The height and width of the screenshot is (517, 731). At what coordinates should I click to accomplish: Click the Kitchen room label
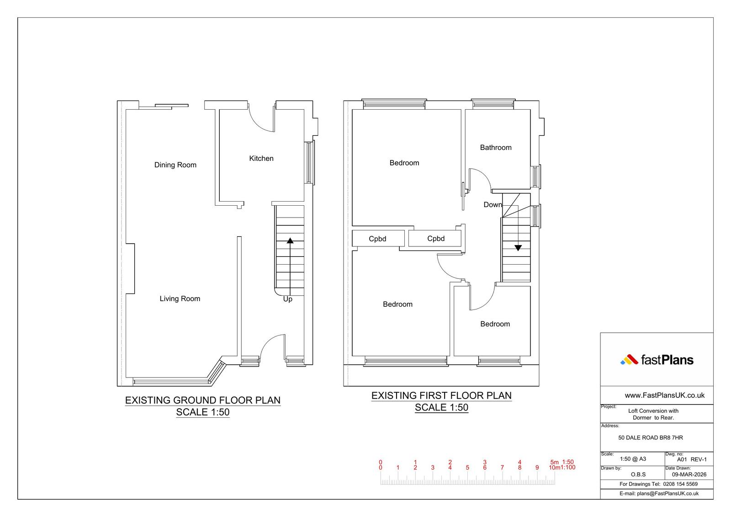(x=261, y=159)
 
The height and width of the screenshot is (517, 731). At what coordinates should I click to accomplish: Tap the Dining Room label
(x=175, y=165)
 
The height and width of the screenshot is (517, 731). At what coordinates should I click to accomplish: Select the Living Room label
(x=180, y=298)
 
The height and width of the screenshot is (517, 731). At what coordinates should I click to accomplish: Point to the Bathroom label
(x=496, y=148)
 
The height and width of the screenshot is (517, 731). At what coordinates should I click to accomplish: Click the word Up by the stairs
(x=287, y=299)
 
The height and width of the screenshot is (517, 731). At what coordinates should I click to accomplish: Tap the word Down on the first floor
(x=493, y=205)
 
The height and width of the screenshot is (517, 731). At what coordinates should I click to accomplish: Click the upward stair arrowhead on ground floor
(x=290, y=241)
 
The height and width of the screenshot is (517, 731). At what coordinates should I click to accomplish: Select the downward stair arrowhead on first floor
(x=518, y=248)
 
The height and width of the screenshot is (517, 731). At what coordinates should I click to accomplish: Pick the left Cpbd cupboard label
(x=377, y=239)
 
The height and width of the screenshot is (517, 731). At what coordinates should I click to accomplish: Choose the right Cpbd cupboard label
(x=436, y=239)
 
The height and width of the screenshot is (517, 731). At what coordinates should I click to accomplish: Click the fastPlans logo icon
(x=629, y=360)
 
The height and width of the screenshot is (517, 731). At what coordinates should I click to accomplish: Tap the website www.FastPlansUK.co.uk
(x=664, y=395)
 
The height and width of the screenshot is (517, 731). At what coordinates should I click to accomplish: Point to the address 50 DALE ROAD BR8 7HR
(x=651, y=437)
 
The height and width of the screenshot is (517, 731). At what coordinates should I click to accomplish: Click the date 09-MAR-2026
(x=689, y=474)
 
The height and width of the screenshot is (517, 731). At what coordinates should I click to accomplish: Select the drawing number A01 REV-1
(x=692, y=459)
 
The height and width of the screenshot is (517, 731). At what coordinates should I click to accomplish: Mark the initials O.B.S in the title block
(x=638, y=474)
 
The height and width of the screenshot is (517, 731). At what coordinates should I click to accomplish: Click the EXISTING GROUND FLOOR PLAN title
(x=203, y=400)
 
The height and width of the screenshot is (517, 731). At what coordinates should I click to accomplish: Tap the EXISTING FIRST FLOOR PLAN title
(x=441, y=395)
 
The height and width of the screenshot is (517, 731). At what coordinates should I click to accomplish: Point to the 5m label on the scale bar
(x=555, y=462)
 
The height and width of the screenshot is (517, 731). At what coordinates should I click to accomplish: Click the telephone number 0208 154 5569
(x=680, y=484)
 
